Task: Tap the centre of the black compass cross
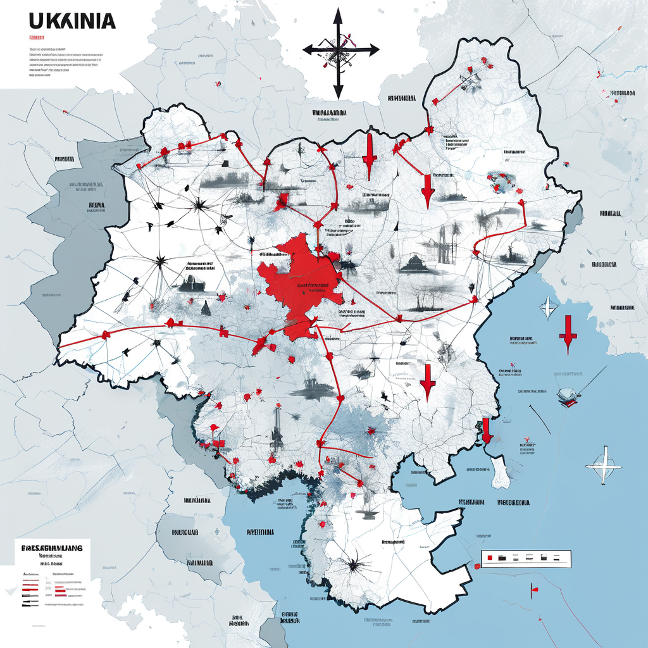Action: (339, 49)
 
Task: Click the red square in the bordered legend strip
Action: (487, 558)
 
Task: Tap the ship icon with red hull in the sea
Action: (568, 395)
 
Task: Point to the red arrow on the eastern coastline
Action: (486, 430)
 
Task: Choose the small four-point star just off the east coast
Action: (547, 308)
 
